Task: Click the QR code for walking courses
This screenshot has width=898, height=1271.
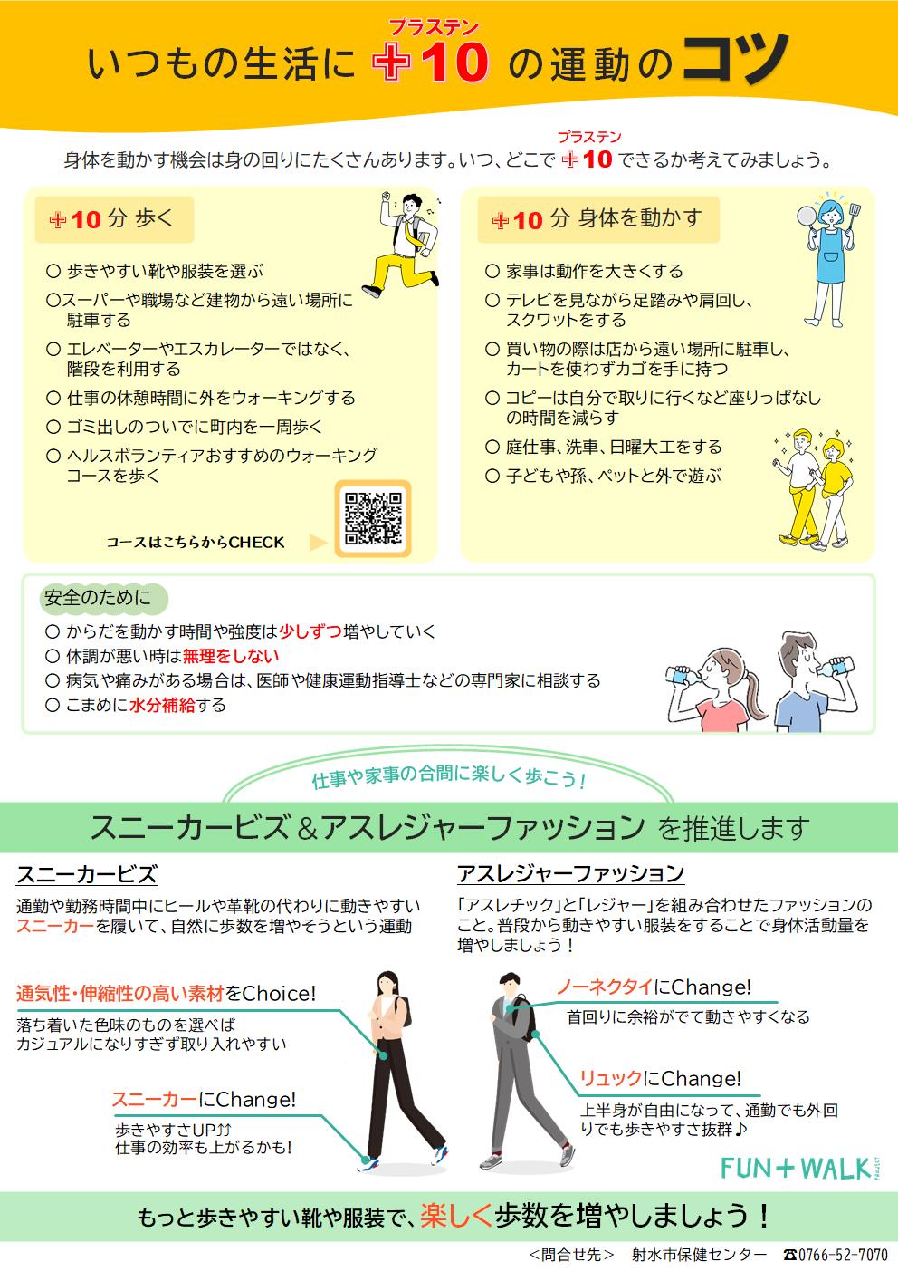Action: tap(373, 518)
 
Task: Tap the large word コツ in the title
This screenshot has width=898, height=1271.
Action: tap(733, 63)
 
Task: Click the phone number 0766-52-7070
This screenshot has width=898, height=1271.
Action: tap(836, 1255)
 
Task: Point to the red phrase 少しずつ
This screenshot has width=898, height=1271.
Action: tap(310, 631)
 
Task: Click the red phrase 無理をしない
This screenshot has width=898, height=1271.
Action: tap(231, 656)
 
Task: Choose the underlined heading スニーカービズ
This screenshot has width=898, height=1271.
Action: tap(87, 875)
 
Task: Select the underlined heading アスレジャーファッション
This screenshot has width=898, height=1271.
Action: tap(570, 874)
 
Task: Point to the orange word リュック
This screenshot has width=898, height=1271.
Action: tap(611, 1079)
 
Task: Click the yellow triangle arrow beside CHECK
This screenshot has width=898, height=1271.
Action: tap(317, 543)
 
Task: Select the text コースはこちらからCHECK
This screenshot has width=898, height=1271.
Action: tap(196, 543)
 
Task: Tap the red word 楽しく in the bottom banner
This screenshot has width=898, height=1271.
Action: tap(457, 1215)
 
